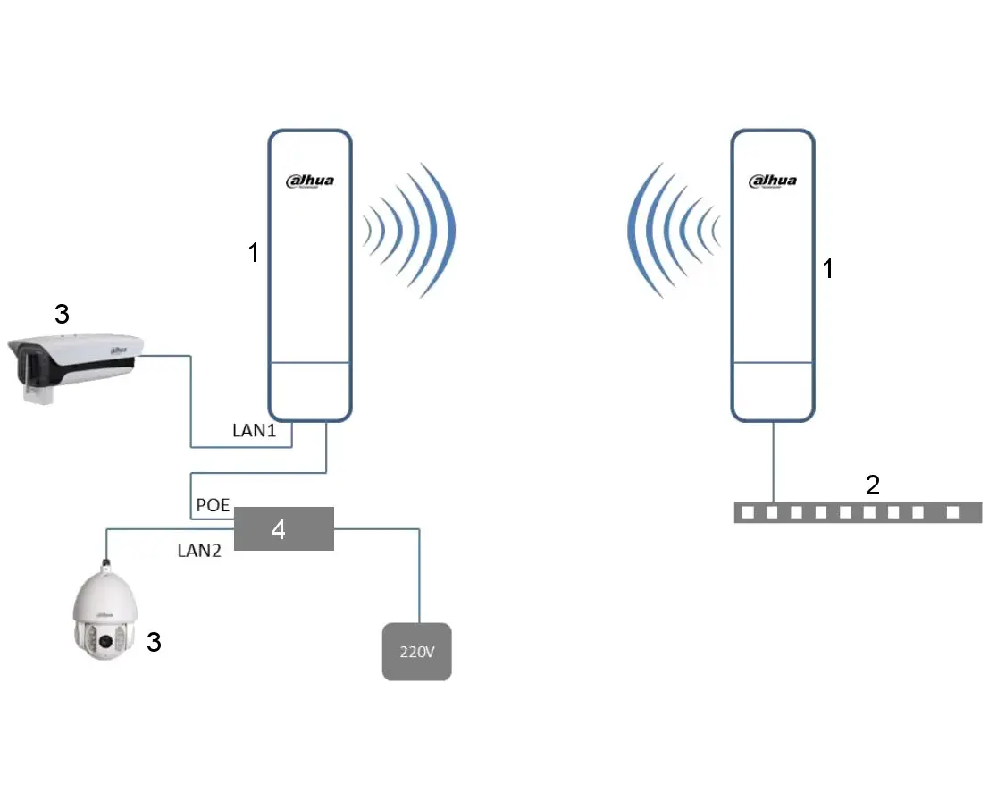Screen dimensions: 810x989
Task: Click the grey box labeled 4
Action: [283, 529]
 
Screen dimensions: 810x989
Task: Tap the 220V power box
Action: [416, 652]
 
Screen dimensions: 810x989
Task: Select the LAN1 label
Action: [255, 431]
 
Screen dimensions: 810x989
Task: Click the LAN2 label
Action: [198, 551]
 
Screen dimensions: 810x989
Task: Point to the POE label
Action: [213, 506]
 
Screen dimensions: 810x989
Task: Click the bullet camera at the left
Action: [76, 365]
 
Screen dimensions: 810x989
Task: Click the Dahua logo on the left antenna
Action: [309, 181]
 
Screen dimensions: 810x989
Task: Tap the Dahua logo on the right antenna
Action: [772, 181]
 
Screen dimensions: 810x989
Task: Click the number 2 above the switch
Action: [873, 485]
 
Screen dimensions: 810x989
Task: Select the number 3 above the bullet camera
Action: [61, 314]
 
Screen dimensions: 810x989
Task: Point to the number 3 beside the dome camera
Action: [154, 641]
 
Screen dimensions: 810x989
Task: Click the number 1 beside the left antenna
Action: [254, 253]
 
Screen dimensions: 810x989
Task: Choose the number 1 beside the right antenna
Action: [827, 268]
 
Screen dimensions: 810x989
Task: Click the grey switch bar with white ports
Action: [858, 512]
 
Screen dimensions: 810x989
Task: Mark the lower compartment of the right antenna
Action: [772, 391]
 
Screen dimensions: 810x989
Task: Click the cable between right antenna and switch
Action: [774, 460]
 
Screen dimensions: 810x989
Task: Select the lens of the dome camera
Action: [105, 641]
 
